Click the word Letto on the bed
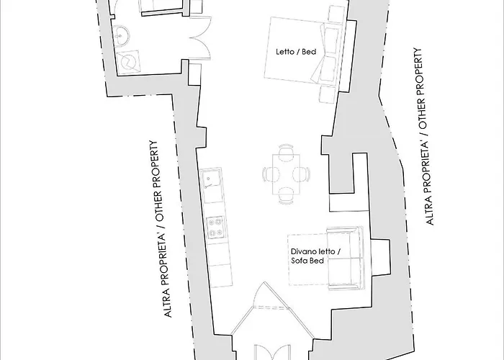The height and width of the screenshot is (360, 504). (x=284, y=52)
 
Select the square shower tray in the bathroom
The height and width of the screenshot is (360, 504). (x=131, y=62)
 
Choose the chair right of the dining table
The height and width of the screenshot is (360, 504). (x=301, y=174)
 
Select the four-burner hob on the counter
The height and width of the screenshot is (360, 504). (x=214, y=228)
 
